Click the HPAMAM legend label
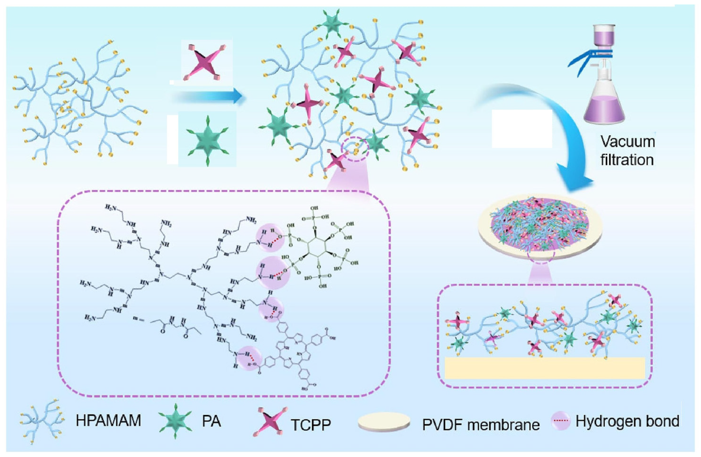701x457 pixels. (108, 421)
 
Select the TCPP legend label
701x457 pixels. (311, 425)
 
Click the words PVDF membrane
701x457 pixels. (481, 425)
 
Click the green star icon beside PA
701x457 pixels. (176, 421)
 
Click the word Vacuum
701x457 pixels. (628, 142)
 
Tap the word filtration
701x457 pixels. (627, 160)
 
